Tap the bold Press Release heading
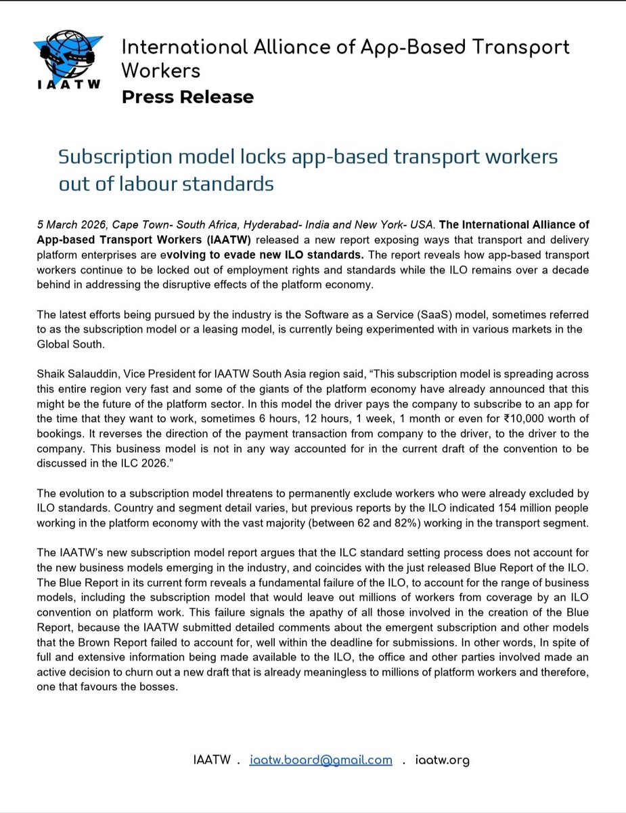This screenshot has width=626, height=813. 187,97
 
